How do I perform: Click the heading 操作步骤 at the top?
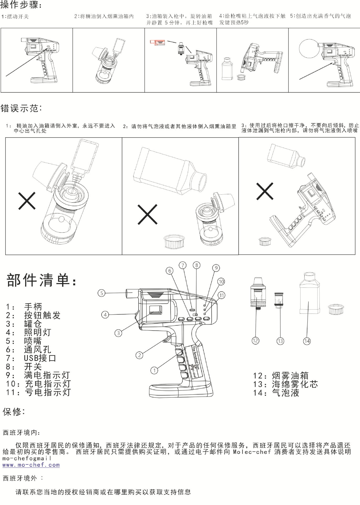point(21,5)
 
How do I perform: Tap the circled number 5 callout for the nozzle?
point(102,293)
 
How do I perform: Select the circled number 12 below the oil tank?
point(255,341)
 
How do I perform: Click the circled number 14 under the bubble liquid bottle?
point(307,341)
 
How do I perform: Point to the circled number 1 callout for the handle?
point(154,370)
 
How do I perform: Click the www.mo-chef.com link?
point(31,465)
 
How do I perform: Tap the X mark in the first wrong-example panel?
point(27,201)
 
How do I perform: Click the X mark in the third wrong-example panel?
point(265,191)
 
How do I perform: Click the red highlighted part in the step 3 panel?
point(157,43)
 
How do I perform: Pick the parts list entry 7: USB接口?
point(31,358)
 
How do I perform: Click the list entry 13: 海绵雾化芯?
point(285,384)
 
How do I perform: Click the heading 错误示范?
point(21,108)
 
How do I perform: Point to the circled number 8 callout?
point(197,265)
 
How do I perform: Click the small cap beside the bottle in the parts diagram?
point(336,309)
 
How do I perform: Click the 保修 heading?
point(14,412)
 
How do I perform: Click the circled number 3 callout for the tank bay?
point(118,333)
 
